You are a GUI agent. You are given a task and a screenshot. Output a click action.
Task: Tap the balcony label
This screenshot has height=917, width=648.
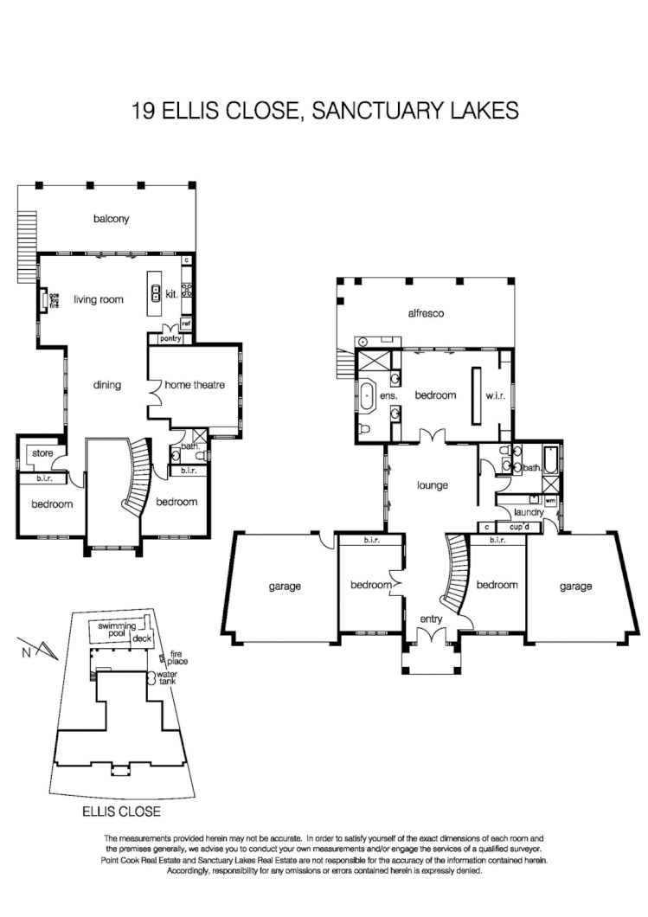point(111,219)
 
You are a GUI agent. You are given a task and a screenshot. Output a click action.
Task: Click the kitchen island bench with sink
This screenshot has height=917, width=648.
point(156,294)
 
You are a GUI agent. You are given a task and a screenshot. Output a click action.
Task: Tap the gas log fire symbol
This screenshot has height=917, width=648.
point(41,300)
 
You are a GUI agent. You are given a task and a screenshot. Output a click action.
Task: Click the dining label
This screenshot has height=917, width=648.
point(106,385)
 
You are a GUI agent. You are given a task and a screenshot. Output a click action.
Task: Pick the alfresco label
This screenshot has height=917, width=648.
point(426,314)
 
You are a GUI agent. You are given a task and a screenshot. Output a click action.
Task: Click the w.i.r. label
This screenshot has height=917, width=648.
point(494,395)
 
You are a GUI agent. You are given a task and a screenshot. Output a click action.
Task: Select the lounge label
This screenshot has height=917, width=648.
point(432,485)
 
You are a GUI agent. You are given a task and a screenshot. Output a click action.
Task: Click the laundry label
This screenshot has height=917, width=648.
point(528,512)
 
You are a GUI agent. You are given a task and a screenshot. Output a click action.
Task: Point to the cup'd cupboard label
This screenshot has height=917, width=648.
point(519,526)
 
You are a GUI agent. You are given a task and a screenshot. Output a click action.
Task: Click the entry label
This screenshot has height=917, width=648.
point(431,619)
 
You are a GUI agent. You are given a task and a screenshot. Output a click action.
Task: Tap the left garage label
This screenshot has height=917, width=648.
point(285,587)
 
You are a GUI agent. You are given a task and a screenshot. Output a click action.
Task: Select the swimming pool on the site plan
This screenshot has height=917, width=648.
point(113,630)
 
